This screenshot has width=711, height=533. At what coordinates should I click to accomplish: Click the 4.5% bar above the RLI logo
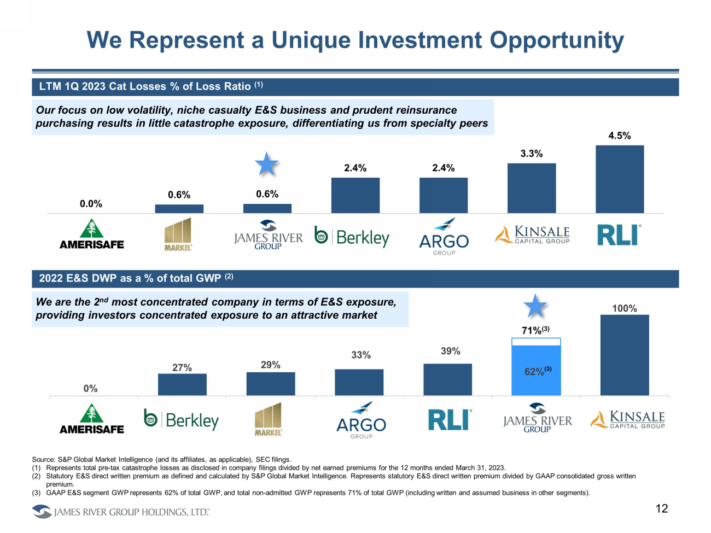619,179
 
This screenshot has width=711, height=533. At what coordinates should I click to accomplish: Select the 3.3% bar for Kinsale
531,188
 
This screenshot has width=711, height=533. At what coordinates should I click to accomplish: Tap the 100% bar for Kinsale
624,355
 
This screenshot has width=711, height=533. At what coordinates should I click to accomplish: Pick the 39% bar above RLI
447,379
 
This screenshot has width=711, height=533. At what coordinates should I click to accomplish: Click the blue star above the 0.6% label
267,164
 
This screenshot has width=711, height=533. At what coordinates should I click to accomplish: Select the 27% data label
182,368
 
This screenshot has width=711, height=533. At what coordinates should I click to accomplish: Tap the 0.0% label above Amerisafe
91,204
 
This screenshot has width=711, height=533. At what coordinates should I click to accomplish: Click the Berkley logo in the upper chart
352,237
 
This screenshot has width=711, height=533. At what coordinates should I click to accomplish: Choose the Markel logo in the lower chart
268,419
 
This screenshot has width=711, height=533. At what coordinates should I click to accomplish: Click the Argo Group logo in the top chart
444,237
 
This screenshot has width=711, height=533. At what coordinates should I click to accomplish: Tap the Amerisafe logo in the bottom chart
91,419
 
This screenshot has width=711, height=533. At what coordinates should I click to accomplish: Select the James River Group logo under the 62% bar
537,419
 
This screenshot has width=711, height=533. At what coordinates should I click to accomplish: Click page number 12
662,509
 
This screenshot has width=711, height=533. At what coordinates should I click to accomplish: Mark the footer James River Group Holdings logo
120,512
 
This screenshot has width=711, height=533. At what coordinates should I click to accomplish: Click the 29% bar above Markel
271,384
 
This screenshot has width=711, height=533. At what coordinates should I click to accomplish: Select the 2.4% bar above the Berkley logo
355,195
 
